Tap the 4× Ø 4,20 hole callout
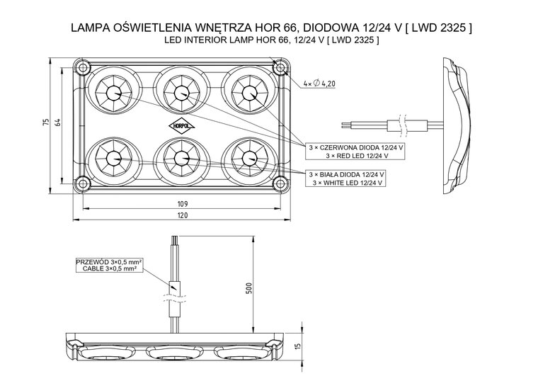[x=318, y=84]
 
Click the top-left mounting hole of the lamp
[x=84, y=68]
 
